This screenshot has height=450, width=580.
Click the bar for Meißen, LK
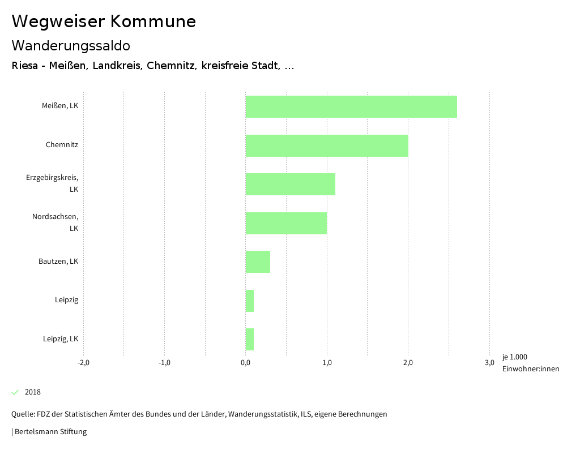pyautogui.click(x=351, y=106)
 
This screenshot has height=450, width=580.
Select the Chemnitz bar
pyautogui.click(x=327, y=145)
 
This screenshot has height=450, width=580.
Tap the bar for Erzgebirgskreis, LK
pyautogui.click(x=290, y=184)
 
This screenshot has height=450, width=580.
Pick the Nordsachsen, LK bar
pyautogui.click(x=286, y=223)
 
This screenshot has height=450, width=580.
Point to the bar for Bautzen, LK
pyautogui.click(x=258, y=262)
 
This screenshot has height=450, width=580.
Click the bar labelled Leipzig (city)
pyautogui.click(x=250, y=301)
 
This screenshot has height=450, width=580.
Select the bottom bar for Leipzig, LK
pyautogui.click(x=250, y=339)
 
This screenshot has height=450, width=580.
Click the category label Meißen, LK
pyautogui.click(x=59, y=106)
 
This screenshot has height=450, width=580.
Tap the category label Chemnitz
pyautogui.click(x=62, y=145)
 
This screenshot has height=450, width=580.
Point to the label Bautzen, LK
pyautogui.click(x=58, y=262)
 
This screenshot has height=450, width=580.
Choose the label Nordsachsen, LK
pyautogui.click(x=55, y=222)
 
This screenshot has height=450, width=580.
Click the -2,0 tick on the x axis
pyautogui.click(x=83, y=363)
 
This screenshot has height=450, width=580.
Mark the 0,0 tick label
pyautogui.click(x=245, y=363)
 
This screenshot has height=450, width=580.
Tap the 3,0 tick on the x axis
pyautogui.click(x=489, y=363)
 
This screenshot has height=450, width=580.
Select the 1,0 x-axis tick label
pyautogui.click(x=327, y=363)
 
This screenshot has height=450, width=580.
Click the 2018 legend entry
pyautogui.click(x=32, y=392)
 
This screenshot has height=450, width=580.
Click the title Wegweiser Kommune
pyautogui.click(x=104, y=22)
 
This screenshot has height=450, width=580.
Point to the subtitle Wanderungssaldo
pyautogui.click(x=71, y=45)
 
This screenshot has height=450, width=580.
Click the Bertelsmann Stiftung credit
pyautogui.click(x=50, y=432)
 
